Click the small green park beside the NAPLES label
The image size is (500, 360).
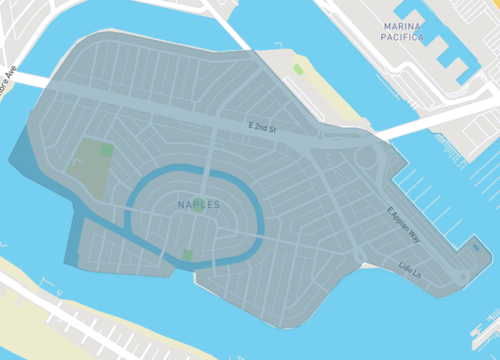(198, 210)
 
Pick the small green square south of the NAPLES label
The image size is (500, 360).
(187, 255)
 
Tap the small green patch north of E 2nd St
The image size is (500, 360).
(297, 69)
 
